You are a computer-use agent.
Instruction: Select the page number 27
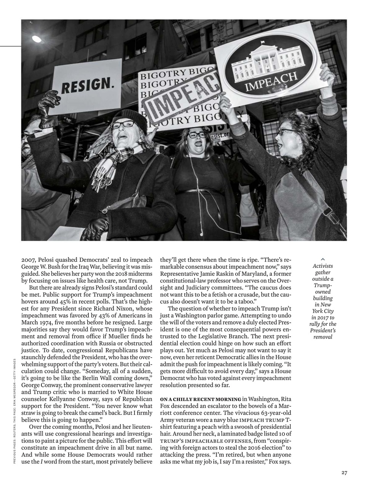344,473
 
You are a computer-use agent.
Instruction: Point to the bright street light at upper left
36,39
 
